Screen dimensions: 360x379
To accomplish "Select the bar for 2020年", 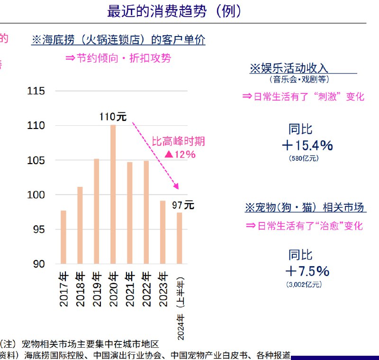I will click(113, 194).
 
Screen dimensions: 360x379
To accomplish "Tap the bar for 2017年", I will click(63, 237).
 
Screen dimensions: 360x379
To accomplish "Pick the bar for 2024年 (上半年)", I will click(180, 238).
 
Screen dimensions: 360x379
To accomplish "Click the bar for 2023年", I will click(162, 232).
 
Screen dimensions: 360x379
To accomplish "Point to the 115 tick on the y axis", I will click(36, 91).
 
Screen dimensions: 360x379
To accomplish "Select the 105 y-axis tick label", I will click(36, 160).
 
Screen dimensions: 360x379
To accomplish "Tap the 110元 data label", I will click(113, 117).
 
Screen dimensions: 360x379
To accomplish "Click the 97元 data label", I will click(182, 205).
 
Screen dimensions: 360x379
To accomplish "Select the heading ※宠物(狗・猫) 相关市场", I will click(305, 207).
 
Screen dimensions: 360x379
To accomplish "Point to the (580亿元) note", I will click(304, 158).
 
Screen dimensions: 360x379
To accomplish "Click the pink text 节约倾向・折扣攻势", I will click(118, 58).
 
